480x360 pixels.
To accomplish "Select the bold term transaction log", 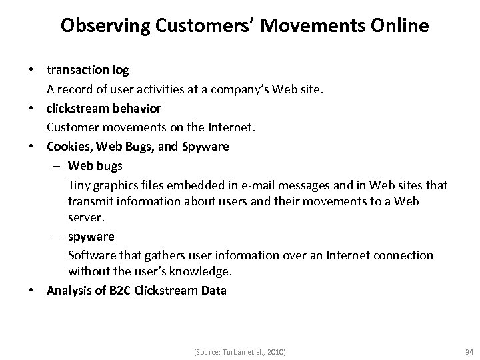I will (87, 69).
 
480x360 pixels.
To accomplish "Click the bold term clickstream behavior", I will (103, 107).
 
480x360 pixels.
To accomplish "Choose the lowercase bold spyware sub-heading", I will (91, 236).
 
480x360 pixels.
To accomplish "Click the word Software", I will (91, 255).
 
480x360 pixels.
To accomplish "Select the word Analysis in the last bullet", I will (69, 291).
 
